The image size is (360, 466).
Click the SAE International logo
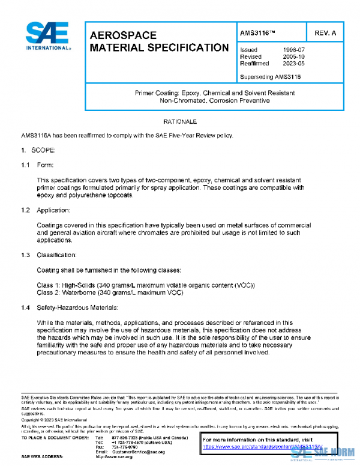click(47, 36)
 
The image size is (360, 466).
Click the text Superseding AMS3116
click(270, 76)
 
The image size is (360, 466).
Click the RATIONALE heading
click(180, 122)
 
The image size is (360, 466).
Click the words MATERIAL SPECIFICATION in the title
click(159, 47)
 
